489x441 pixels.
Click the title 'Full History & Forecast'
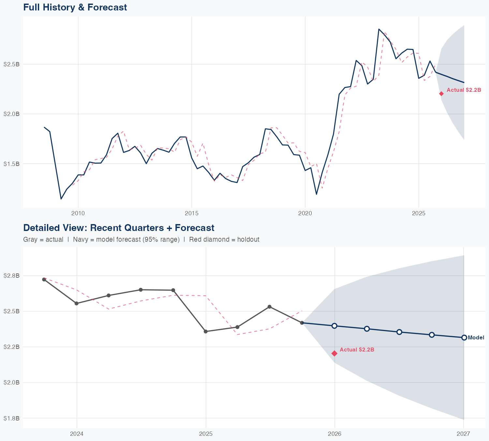click(x=75, y=7)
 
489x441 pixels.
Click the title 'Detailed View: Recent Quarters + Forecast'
click(x=119, y=228)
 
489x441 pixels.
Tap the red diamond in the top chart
click(x=441, y=94)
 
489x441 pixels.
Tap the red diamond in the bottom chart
click(x=334, y=353)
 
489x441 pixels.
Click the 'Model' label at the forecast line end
click(x=476, y=338)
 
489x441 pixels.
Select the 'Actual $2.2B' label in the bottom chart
click(x=357, y=350)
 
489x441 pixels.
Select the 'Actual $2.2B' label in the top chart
click(x=464, y=90)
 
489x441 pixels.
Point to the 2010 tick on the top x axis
click(x=78, y=213)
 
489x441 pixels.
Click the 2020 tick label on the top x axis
click(x=305, y=213)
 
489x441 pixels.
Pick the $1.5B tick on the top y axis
click(x=12, y=164)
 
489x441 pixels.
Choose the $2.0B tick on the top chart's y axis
click(x=12, y=114)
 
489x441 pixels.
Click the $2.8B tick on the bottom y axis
click(x=12, y=276)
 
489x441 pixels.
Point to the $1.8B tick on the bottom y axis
click(x=12, y=418)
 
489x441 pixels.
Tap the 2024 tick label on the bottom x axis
click(x=77, y=434)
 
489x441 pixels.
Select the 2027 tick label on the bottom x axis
click(x=463, y=434)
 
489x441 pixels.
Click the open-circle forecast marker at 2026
click(x=334, y=326)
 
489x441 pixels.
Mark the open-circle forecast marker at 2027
click(x=464, y=337)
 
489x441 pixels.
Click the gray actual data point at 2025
click(x=206, y=332)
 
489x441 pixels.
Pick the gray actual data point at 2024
click(x=77, y=303)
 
